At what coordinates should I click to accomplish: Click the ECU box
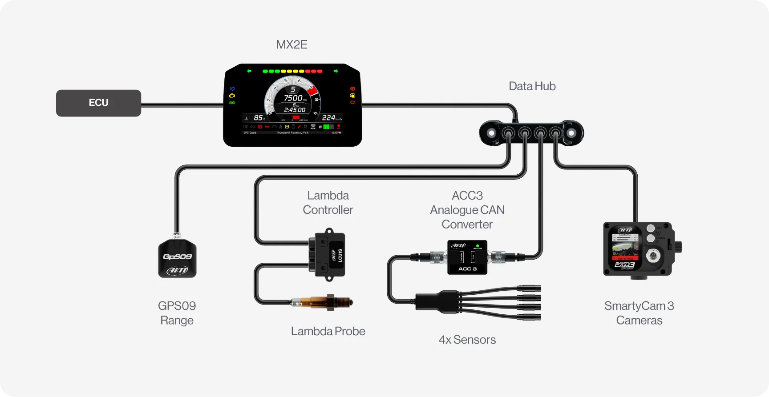click(x=98, y=103)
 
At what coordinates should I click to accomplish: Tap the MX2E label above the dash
click(x=291, y=44)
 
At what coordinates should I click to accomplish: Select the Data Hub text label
click(x=532, y=86)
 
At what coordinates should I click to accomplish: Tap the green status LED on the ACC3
click(x=478, y=245)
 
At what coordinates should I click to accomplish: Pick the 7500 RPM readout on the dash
click(x=293, y=98)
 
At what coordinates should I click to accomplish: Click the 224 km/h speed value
click(x=328, y=117)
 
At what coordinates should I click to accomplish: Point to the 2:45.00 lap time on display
click(x=295, y=110)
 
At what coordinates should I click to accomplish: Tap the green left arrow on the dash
click(x=249, y=71)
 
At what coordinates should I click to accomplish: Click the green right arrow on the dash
click(x=336, y=71)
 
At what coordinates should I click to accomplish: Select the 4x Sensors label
click(x=467, y=340)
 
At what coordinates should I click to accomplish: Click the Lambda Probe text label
click(x=328, y=331)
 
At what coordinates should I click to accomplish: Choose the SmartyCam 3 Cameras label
click(x=639, y=313)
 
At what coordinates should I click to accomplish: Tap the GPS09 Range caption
click(x=177, y=313)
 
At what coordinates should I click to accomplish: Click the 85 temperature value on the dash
click(x=258, y=118)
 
